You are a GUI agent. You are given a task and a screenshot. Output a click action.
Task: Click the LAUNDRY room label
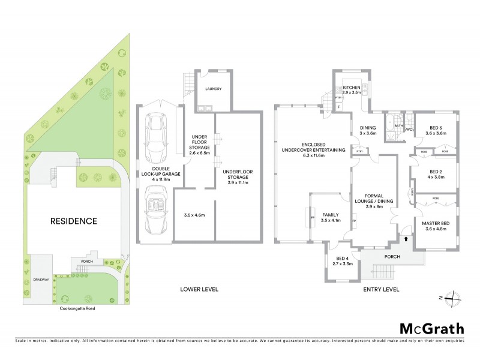pyautogui.click(x=214, y=89)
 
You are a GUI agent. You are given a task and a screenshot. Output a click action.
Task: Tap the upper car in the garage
pyautogui.click(x=157, y=132)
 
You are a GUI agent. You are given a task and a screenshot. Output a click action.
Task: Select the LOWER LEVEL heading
pyautogui.click(x=200, y=289)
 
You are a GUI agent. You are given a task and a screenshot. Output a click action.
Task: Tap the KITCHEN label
pyautogui.click(x=351, y=88)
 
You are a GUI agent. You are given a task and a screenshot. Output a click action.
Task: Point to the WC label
pyautogui.click(x=410, y=129)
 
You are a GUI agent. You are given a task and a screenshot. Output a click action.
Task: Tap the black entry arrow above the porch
pyautogui.click(x=408, y=239)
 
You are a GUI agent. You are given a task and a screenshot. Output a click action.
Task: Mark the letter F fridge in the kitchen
pyautogui.click(x=339, y=107)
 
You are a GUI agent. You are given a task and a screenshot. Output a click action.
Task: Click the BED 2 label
pyautogui.click(x=436, y=173)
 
